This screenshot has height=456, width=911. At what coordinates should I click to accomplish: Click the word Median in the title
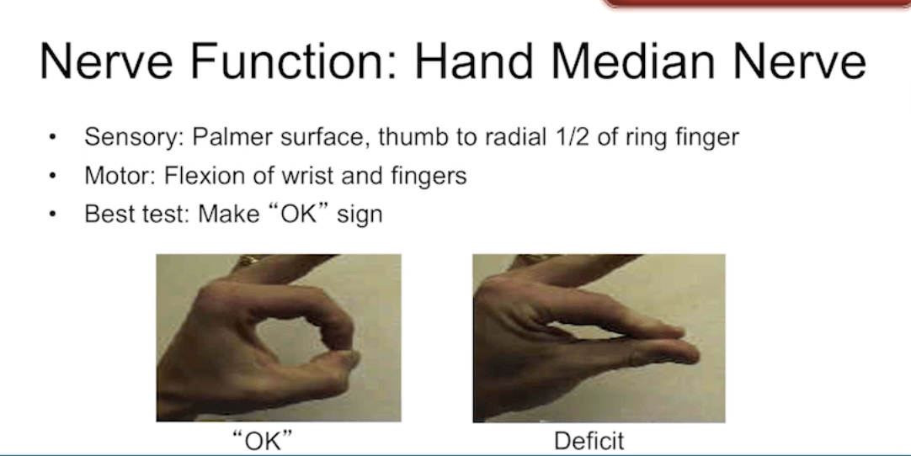click(x=632, y=61)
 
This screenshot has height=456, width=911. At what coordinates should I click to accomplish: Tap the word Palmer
click(x=232, y=137)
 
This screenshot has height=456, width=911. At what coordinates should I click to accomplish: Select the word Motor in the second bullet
click(x=120, y=176)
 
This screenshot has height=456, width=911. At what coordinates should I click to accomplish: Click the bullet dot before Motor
click(x=53, y=176)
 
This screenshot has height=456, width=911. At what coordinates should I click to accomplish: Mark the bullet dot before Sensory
click(x=53, y=137)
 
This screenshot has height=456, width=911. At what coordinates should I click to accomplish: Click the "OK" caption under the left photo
click(x=263, y=440)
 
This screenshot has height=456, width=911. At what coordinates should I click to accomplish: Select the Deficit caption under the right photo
click(x=589, y=441)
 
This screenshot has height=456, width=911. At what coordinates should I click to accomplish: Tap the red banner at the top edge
click(x=756, y=3)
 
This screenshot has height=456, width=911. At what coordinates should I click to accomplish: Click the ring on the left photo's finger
click(x=248, y=260)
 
